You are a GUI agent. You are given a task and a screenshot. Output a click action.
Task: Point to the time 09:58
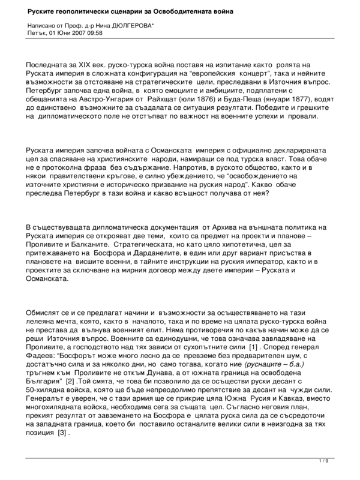[95, 33]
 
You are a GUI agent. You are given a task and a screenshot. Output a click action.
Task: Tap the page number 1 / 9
[323, 461]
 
